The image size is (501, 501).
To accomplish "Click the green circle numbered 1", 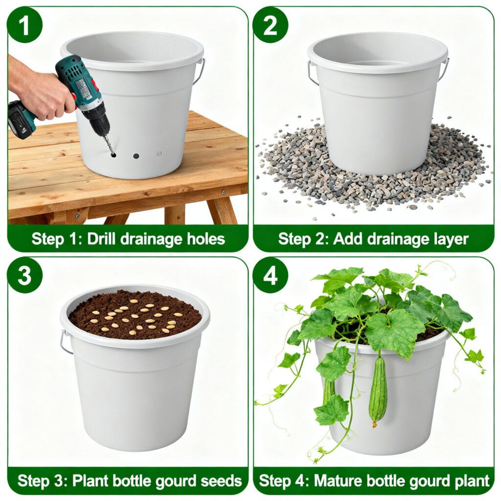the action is coord(24,25).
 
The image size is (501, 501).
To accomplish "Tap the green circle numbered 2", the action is coord(270,25).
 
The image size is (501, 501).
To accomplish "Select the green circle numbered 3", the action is coord(24,275).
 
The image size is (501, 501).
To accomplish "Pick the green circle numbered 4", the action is coord(270,275).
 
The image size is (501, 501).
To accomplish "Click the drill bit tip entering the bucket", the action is coord(113,154).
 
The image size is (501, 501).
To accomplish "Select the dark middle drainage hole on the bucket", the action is coord(136,156).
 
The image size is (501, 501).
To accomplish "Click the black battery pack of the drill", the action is coord(21,120).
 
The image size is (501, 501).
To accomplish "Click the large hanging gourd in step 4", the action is coord(378,390).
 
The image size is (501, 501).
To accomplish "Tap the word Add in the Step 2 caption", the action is coord(344,239).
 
